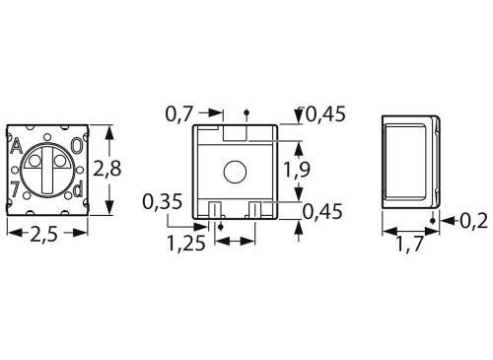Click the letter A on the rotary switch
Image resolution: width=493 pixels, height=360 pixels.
[16, 147]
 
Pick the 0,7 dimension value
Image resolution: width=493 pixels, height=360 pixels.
[178, 115]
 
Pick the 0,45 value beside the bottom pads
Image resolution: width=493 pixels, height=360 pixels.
[323, 210]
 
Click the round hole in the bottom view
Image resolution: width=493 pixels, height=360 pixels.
[235, 172]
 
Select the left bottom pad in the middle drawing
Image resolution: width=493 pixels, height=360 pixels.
[214, 208]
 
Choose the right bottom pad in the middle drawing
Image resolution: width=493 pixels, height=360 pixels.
[255, 208]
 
